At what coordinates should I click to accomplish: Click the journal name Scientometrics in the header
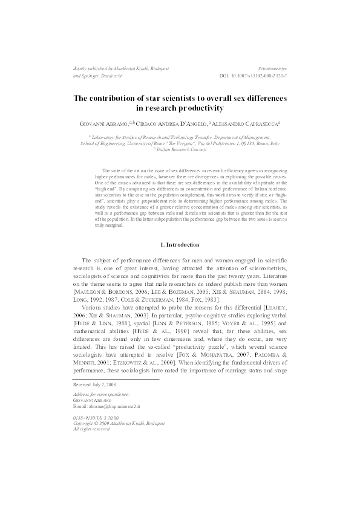point(272,70)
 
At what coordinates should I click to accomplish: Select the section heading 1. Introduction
point(180,244)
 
